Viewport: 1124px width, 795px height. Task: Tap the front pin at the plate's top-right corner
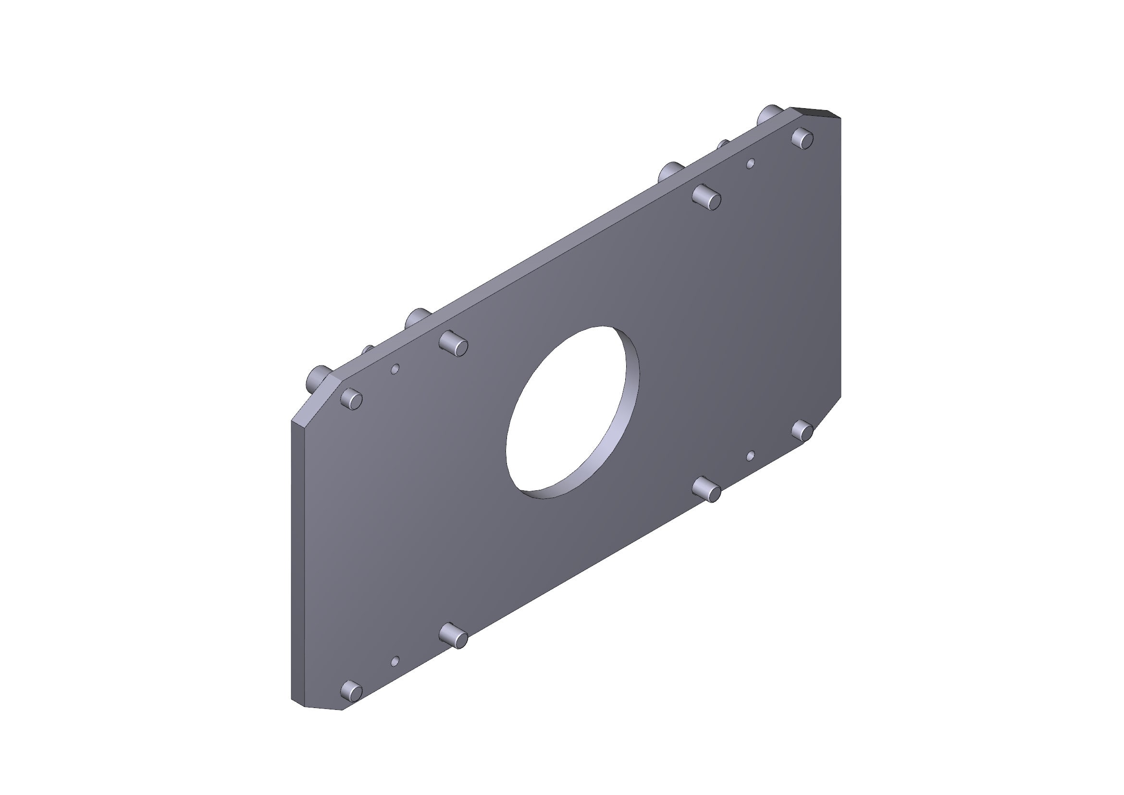pos(803,138)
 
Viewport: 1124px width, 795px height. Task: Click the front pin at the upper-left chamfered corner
pos(351,398)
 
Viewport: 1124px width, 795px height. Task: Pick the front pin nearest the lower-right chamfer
pos(803,431)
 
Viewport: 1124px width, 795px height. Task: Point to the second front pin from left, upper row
pos(454,343)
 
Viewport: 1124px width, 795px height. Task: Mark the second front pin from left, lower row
pos(454,636)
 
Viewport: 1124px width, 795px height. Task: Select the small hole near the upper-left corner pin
pos(395,368)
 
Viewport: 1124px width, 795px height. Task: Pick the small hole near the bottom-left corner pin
pos(395,661)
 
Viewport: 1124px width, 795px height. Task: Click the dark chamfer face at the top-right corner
pos(815,112)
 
